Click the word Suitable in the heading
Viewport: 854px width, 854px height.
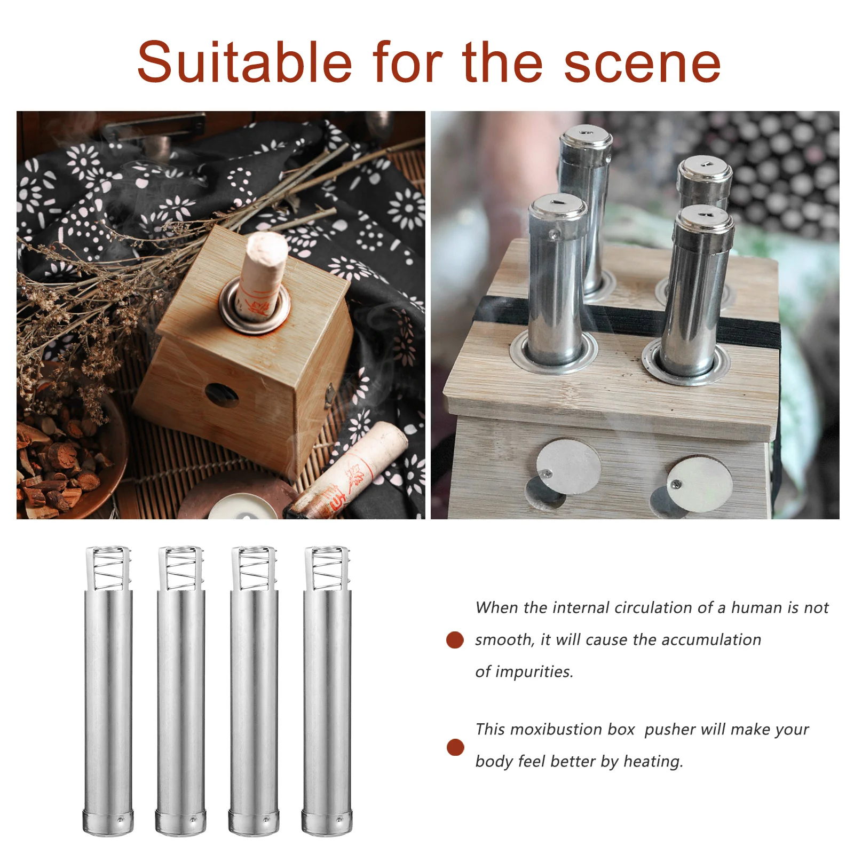244,63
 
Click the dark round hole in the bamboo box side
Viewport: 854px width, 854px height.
222,395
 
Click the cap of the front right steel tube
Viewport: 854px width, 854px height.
703,217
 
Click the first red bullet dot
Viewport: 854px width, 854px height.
455,639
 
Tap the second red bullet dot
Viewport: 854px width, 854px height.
455,747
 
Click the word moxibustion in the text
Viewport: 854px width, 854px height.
572,729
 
